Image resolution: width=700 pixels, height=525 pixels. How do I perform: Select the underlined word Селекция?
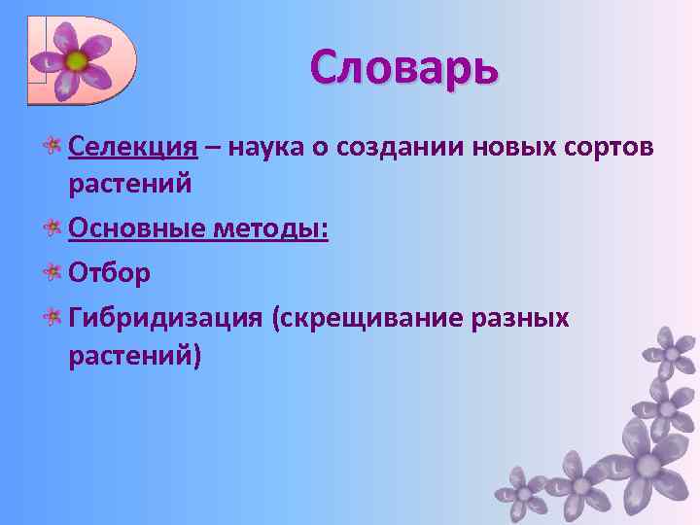click(x=133, y=147)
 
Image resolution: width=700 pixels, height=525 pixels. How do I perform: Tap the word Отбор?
click(x=110, y=273)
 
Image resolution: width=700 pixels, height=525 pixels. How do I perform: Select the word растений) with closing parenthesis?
click(x=135, y=355)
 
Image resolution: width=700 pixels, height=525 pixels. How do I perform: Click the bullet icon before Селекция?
click(x=53, y=148)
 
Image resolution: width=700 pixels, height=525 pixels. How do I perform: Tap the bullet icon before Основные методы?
click(x=53, y=229)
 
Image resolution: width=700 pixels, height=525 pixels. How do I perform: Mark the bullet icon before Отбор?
click(x=53, y=274)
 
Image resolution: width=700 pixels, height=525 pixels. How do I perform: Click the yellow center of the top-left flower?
click(x=77, y=61)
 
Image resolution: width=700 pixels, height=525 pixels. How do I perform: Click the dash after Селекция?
click(x=212, y=148)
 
